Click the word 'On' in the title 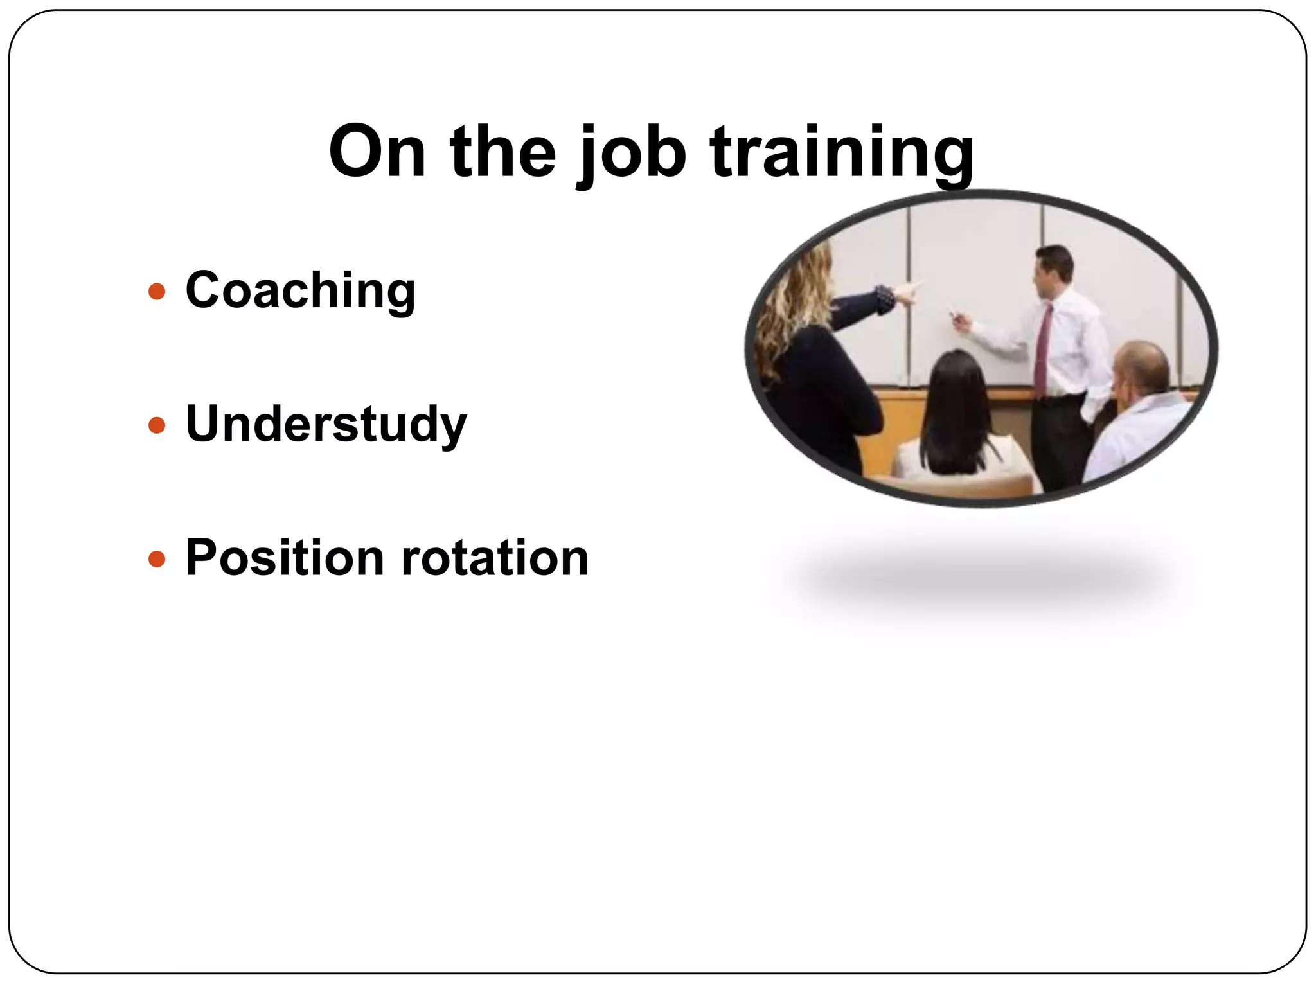point(377,152)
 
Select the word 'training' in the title point(842,154)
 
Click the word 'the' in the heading point(502,152)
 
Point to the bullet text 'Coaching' point(300,291)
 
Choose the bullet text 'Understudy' point(326,424)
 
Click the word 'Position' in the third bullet point(285,558)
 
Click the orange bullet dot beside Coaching point(157,292)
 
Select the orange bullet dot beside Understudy point(157,425)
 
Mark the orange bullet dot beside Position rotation point(157,559)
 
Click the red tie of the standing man point(1042,350)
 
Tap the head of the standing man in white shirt point(1054,267)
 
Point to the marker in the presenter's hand point(954,316)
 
